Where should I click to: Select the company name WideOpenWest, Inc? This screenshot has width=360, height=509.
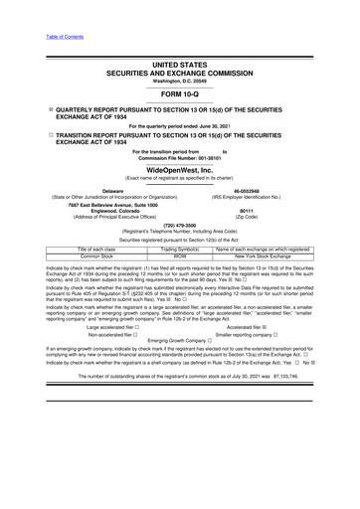pyautogui.click(x=179, y=170)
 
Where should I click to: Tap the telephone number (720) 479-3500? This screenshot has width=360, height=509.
pyautogui.click(x=179, y=225)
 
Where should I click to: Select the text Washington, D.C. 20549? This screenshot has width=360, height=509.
pyautogui.click(x=179, y=80)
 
